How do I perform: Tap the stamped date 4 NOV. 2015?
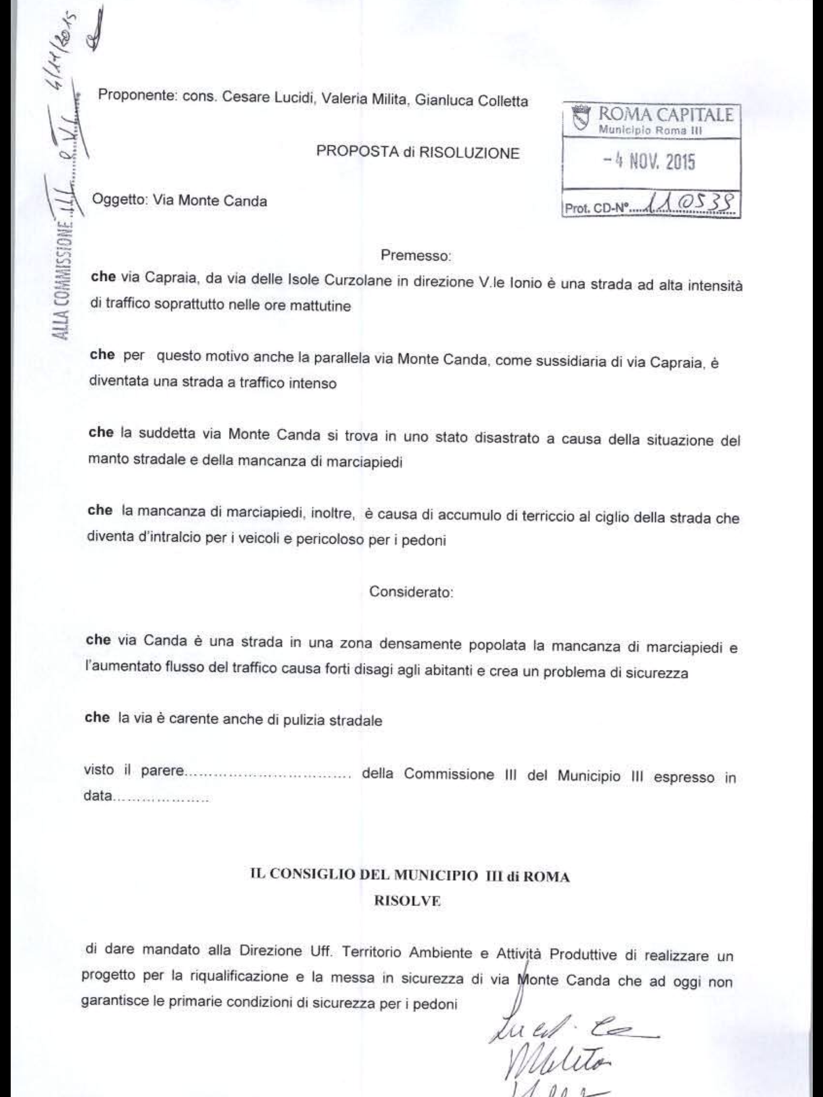tap(649, 162)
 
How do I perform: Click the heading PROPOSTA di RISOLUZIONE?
tap(417, 153)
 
